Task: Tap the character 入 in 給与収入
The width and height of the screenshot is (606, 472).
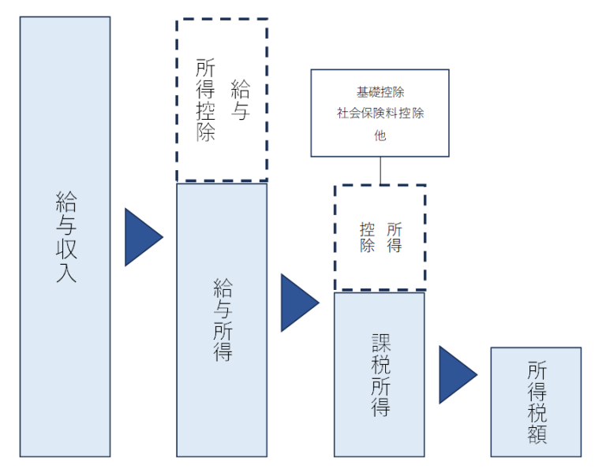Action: point(66,273)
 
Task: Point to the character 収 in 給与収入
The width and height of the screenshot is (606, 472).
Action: point(66,248)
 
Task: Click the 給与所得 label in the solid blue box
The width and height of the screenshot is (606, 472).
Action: point(223,318)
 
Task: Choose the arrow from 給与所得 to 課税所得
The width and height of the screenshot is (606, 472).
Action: point(297,303)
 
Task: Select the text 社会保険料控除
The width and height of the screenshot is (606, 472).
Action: point(380,113)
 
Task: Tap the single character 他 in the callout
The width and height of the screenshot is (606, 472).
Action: point(380,135)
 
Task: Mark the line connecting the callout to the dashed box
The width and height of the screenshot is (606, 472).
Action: point(380,170)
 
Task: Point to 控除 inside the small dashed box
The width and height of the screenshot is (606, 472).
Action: point(367,237)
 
